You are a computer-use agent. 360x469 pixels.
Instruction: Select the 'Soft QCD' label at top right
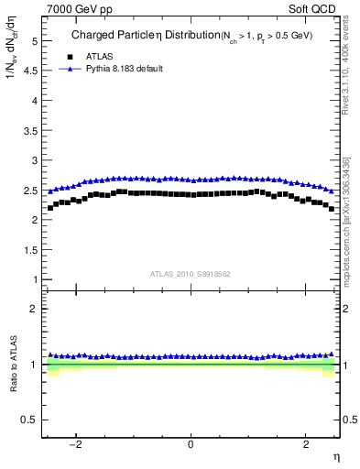pyautogui.click(x=313, y=8)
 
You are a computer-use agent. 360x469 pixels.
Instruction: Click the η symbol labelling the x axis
pyautogui.click(x=335, y=457)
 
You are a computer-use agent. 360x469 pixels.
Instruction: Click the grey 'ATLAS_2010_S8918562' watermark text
pyautogui.click(x=191, y=273)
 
